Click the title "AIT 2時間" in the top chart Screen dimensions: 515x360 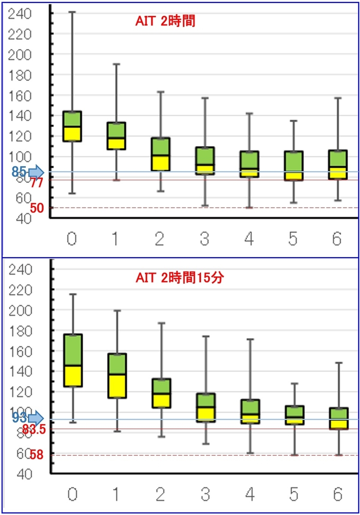tap(165, 21)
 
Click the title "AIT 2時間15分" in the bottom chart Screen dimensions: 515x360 tap(180, 278)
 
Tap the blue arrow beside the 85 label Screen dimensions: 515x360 tap(36, 172)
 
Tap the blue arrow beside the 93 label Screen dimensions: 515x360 tap(36, 418)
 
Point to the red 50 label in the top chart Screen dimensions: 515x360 tap(37, 208)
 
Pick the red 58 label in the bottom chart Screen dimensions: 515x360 tap(37, 455)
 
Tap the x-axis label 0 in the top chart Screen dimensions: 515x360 tap(72, 239)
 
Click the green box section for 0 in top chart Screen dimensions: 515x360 tap(72, 119)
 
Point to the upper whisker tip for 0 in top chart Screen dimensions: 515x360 tap(72, 12)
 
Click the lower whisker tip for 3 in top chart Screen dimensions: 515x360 tap(205, 206)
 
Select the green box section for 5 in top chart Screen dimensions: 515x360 tap(293, 162)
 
